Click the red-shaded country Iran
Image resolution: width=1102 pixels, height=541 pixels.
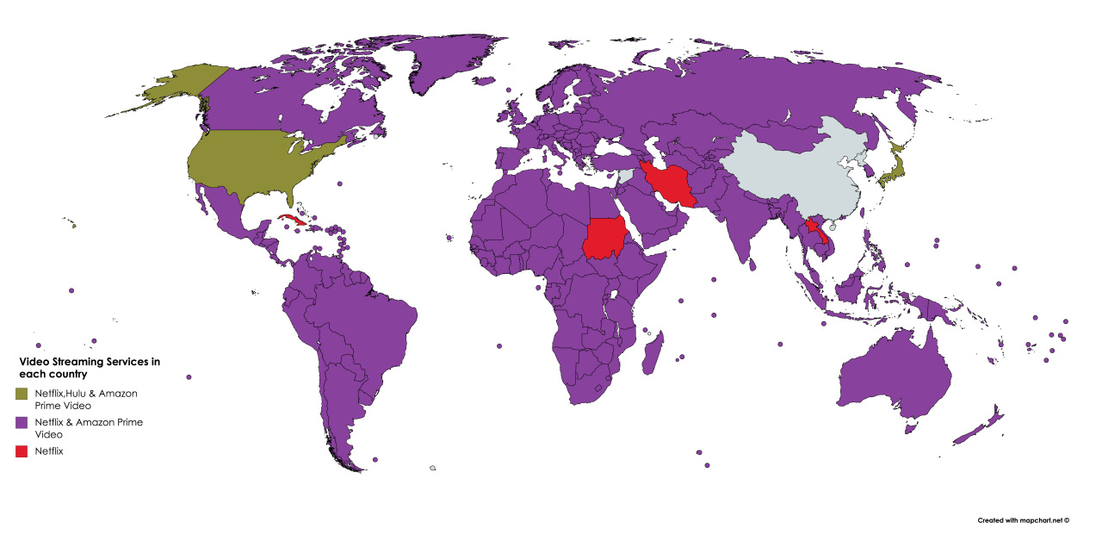672,185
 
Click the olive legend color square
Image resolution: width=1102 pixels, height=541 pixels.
22,394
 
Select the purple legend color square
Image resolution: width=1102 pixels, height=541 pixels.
22,422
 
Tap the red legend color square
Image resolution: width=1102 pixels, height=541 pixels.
22,451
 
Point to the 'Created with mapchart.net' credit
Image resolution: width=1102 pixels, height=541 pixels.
1023,520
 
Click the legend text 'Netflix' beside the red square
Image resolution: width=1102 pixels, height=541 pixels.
49,451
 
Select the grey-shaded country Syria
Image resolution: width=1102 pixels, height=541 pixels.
626,175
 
